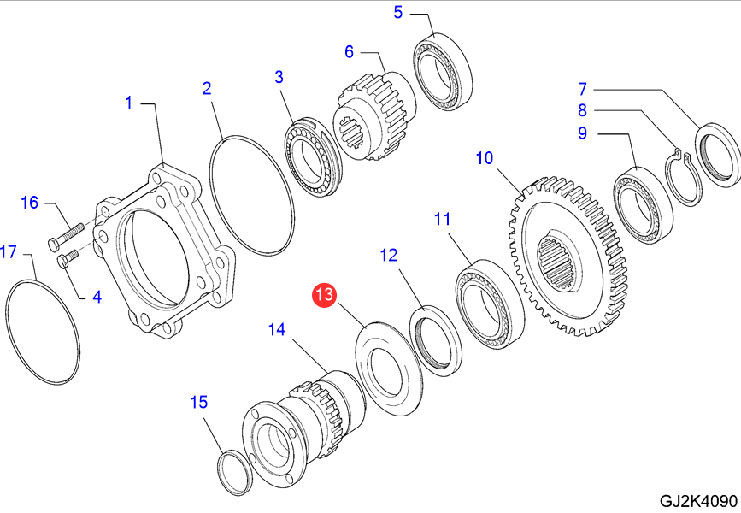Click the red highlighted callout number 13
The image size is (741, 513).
pos(325,296)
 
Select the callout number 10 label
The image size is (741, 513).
pos(485,158)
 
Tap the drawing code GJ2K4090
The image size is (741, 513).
pos(697,500)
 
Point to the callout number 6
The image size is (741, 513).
pos(349,51)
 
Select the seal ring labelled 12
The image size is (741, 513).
pos(436,340)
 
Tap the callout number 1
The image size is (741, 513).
pos(129,103)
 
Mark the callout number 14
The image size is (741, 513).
pos(276,329)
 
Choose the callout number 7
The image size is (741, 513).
pos(582,88)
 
